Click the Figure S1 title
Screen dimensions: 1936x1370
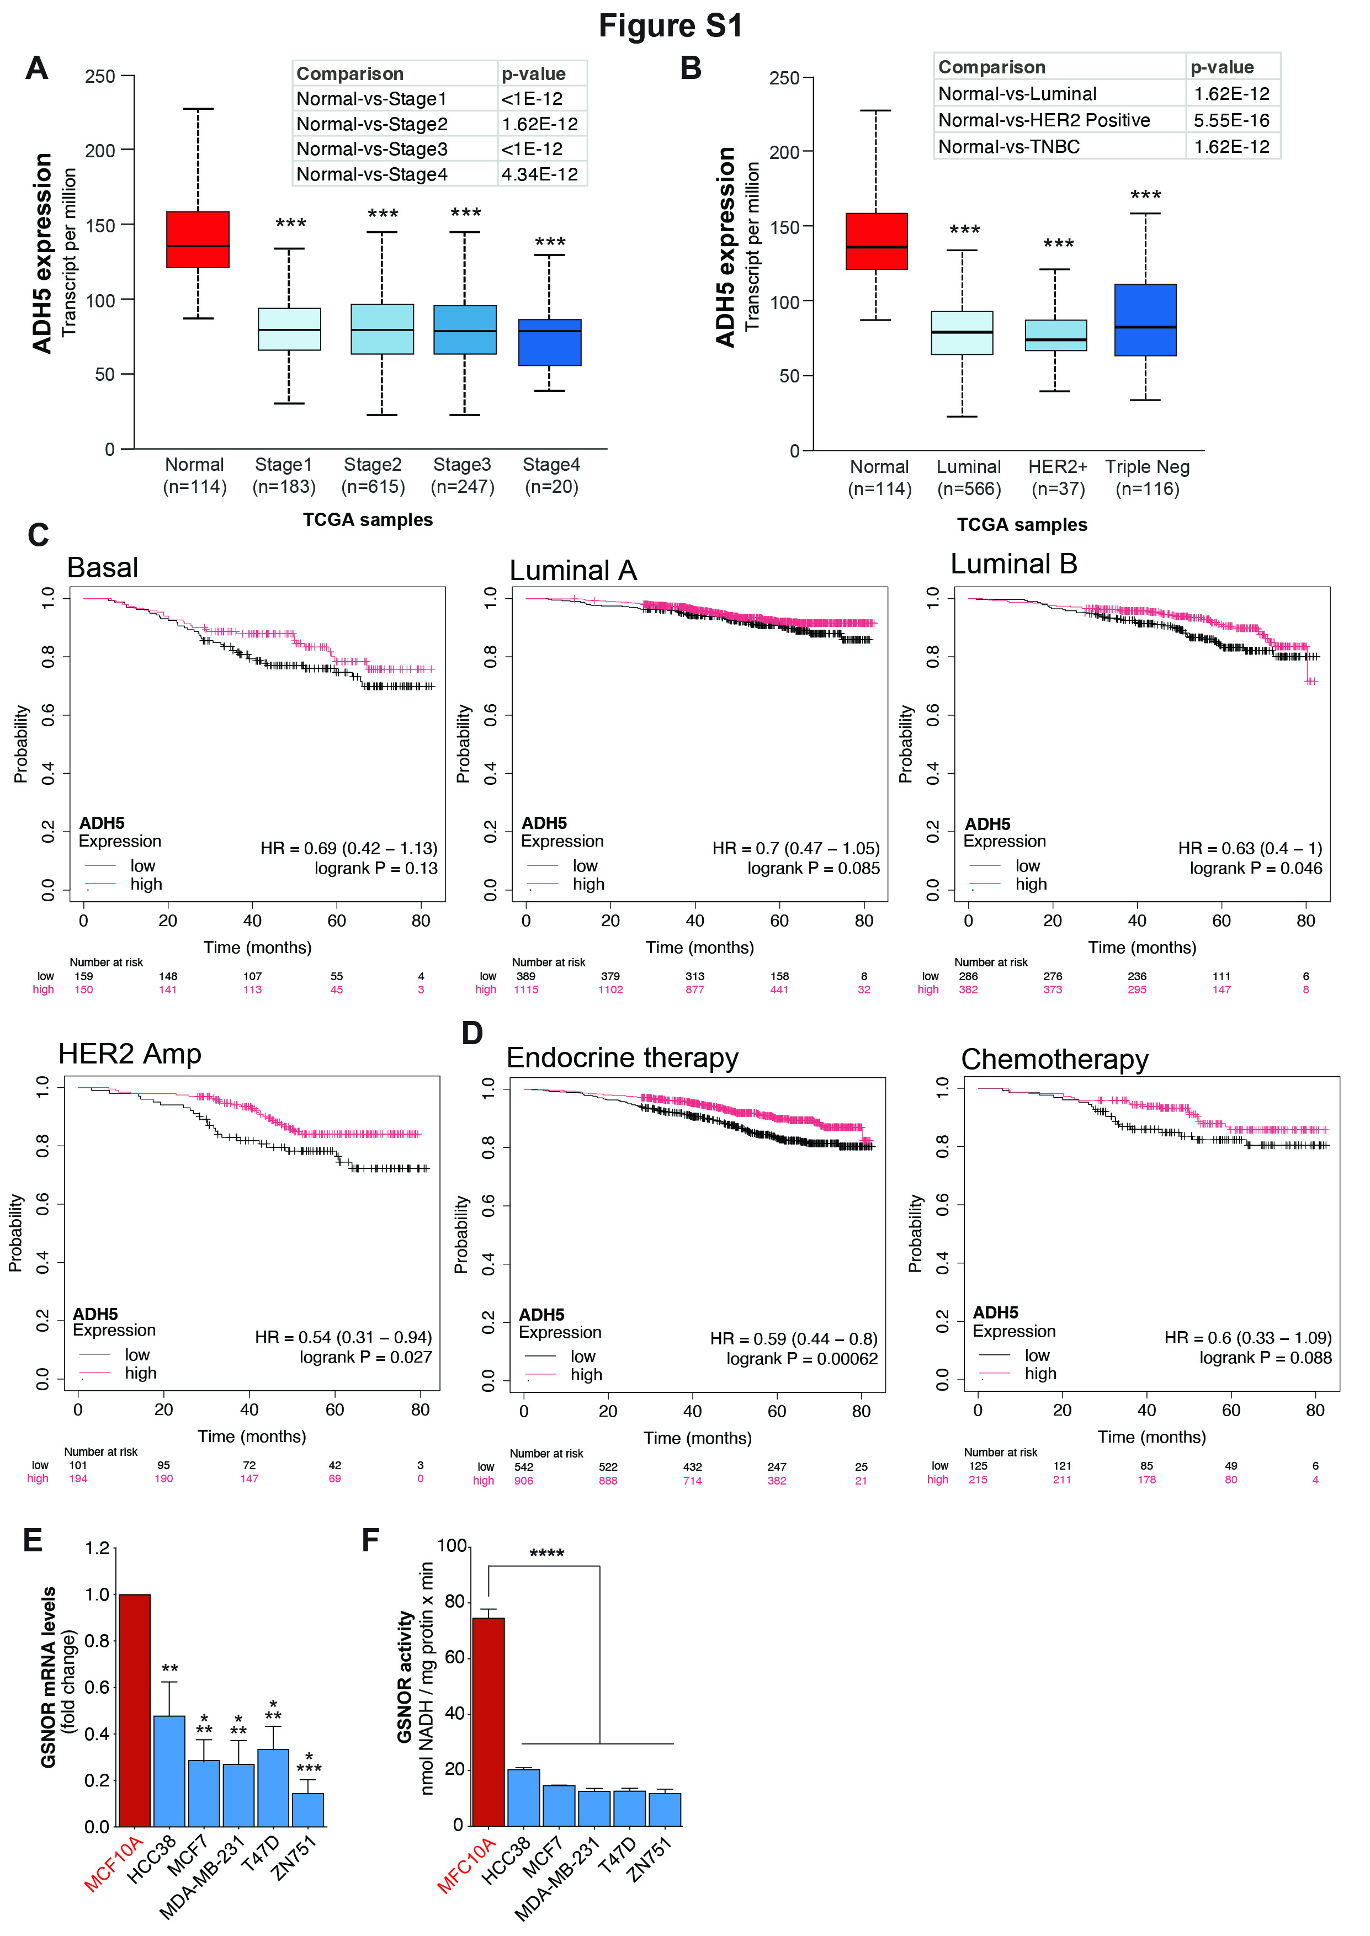(671, 26)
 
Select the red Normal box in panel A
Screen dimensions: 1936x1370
(198, 240)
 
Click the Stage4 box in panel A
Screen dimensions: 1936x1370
(550, 342)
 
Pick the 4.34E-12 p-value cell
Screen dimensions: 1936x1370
(540, 174)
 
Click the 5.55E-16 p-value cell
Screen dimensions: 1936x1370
(1231, 120)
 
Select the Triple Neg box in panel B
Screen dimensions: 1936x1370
(1145, 321)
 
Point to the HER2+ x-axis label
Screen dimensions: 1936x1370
(1058, 467)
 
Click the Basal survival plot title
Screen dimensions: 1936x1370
(102, 567)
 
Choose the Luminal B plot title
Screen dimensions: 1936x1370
(1014, 564)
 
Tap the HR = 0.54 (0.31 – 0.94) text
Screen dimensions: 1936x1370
(343, 1337)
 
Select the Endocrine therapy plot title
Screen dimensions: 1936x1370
(623, 1058)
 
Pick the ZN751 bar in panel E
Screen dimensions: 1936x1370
(308, 1810)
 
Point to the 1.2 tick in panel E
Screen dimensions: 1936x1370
(98, 1548)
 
